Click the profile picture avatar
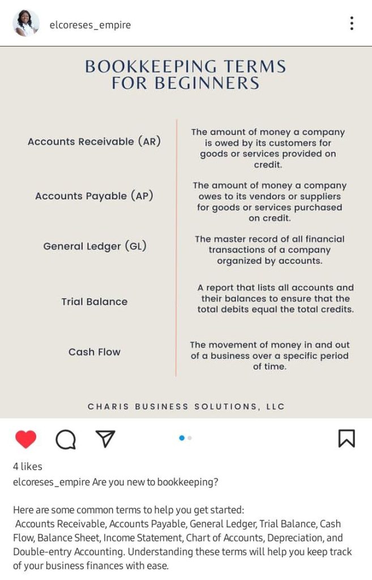click(x=26, y=24)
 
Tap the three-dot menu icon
click(x=352, y=24)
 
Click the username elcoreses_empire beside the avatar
click(x=90, y=25)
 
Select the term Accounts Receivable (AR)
click(x=94, y=142)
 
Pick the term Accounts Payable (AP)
click(x=94, y=196)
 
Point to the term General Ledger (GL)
click(x=95, y=246)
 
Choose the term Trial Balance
click(x=94, y=302)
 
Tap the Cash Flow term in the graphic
click(x=94, y=352)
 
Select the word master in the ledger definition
click(x=230, y=239)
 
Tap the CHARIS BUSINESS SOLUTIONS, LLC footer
click(x=186, y=407)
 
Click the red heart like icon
click(x=25, y=439)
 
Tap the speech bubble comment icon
click(x=66, y=439)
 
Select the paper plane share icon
click(x=105, y=438)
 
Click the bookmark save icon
click(x=347, y=438)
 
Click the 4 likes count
click(x=28, y=467)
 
